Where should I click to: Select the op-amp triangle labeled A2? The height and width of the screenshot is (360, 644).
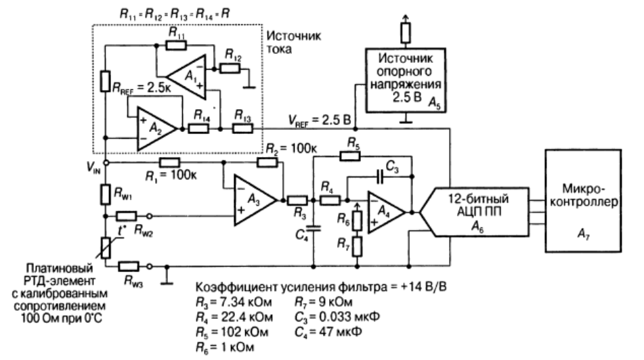coord(155,129)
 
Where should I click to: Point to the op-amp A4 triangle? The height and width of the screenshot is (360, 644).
coord(385,212)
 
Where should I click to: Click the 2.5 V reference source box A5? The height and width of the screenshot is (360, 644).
coord(406,81)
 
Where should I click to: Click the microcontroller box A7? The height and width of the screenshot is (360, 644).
coord(583,201)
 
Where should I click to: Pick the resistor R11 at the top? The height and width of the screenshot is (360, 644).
coord(176,45)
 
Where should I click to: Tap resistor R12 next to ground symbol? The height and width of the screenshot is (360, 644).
coord(230,68)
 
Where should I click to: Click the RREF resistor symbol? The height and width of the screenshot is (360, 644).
coord(106,81)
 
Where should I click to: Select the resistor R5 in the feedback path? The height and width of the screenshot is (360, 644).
coord(350,156)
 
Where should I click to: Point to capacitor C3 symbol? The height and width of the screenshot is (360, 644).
coord(380,177)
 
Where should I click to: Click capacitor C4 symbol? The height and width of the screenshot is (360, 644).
coord(314,228)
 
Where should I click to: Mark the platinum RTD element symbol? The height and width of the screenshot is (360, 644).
coord(106,248)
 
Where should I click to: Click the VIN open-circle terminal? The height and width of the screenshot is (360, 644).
coord(106,162)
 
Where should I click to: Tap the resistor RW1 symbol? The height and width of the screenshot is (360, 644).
coord(106,195)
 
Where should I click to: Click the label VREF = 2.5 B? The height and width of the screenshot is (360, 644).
coord(320,120)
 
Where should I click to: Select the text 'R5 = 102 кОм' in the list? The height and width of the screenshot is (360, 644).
coord(232,332)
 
